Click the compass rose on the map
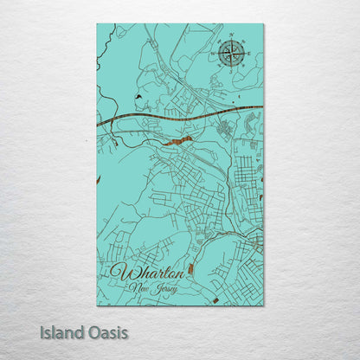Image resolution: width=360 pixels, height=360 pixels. (x=231, y=54)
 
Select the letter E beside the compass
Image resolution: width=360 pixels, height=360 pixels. (x=249, y=54)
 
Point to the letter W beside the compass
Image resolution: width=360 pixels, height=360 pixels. (x=213, y=54)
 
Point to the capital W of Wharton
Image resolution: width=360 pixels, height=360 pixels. (x=118, y=272)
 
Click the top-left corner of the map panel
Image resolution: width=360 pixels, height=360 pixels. (x=97, y=24)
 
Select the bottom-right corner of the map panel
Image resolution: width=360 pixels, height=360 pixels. (x=263, y=305)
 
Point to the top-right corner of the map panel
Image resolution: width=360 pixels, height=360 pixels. (x=263, y=24)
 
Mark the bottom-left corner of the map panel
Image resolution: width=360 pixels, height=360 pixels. (x=97, y=305)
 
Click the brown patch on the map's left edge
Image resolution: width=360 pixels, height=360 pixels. (x=99, y=179)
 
